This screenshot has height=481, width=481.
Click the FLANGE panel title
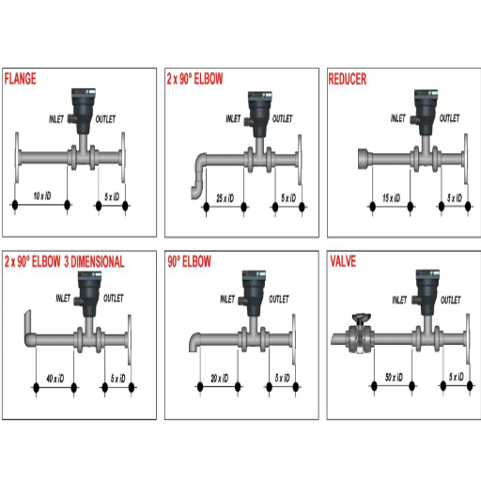pos(21,79)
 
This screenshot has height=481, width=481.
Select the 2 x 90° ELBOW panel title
pos(194,79)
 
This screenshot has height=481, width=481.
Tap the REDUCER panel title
pos(348,79)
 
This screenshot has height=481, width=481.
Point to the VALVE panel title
pos(342,262)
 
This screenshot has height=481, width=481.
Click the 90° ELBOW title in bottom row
pos(189,262)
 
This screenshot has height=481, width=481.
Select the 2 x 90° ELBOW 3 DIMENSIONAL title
pos(64,262)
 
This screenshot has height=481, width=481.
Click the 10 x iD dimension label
pos(41,197)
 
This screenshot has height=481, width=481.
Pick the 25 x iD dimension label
pos(224,197)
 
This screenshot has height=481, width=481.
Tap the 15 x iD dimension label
pos(392,197)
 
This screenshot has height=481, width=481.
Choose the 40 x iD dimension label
pos(54,379)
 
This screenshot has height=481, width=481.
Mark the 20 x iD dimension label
pos(218,379)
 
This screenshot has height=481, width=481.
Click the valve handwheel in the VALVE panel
pos(357,318)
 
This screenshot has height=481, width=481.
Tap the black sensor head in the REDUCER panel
pos(422,109)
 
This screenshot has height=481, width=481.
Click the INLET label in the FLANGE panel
pos(58,119)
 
